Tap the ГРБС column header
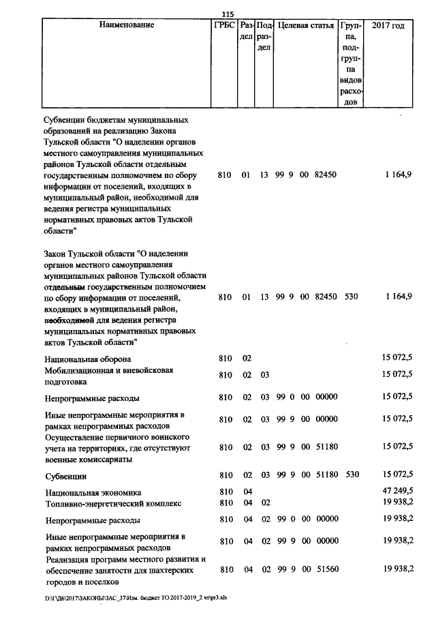(x=224, y=26)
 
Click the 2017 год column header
(x=388, y=26)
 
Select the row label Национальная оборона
(x=88, y=359)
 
